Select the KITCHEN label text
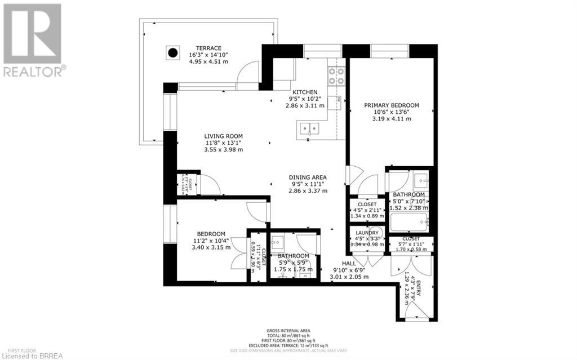pyautogui.click(x=305, y=92)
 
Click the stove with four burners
pyautogui.click(x=336, y=75)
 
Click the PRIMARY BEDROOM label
pyautogui.click(x=391, y=105)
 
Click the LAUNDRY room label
pyautogui.click(x=367, y=232)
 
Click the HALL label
pyautogui.click(x=349, y=263)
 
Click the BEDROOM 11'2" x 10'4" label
pyautogui.click(x=211, y=234)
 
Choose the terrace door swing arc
pyautogui.click(x=247, y=76)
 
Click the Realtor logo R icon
pyautogui.click(x=32, y=33)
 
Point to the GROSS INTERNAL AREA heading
pyautogui.click(x=288, y=331)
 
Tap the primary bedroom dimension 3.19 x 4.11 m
pyautogui.click(x=391, y=119)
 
